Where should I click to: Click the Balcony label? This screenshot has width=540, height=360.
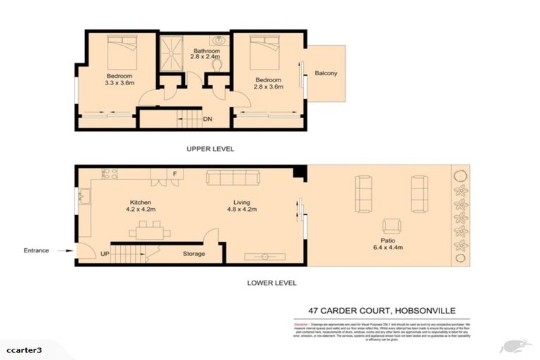tap(326, 73)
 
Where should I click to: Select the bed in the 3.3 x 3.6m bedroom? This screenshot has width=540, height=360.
tap(120, 50)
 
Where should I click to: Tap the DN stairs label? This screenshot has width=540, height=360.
tap(207, 120)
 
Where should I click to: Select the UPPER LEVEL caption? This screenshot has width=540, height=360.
tap(210, 149)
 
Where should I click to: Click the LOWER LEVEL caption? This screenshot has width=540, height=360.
tap(271, 283)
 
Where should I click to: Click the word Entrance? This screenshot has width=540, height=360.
tap(37, 250)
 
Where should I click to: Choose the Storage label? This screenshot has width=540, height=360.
tap(194, 254)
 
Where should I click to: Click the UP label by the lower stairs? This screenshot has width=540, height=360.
tap(105, 254)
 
